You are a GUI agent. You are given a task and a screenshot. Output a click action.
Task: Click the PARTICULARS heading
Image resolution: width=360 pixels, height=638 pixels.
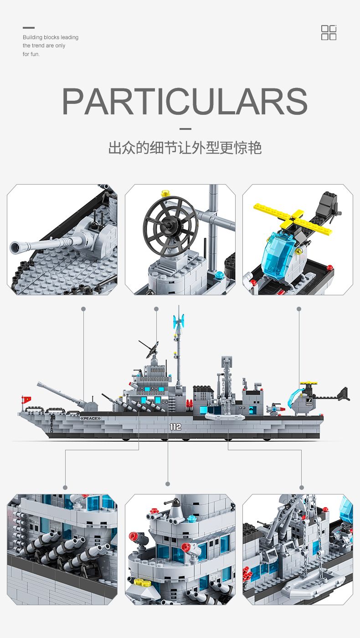pos(185,101)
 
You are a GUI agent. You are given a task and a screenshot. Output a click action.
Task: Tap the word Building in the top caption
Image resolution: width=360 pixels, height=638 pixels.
pos(32,37)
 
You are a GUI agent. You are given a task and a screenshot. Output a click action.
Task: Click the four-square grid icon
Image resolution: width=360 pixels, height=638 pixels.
pos(329,32)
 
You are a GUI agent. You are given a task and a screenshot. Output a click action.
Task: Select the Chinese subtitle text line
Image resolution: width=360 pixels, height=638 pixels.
pos(185,148)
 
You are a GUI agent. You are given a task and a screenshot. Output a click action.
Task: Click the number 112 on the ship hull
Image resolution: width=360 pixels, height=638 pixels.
pos(175,427)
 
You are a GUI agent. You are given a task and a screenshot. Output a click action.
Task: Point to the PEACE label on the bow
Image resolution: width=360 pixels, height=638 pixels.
pos(91,418)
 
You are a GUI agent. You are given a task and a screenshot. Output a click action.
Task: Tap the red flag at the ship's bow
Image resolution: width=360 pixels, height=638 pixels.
pos(27,399)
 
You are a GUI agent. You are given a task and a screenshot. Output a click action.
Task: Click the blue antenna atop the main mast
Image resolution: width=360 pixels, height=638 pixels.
pos(178,321)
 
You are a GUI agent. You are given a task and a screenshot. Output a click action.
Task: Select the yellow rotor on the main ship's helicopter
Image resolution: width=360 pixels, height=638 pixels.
pos(309,383)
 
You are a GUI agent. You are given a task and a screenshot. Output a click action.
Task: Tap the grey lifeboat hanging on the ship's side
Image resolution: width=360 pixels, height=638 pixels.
pos(225,417)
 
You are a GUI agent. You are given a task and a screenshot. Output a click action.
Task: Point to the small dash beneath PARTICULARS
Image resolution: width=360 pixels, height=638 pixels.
pos(185,129)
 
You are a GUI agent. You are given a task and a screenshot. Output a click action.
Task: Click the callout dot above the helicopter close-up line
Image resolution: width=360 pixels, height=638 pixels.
pos(299,309)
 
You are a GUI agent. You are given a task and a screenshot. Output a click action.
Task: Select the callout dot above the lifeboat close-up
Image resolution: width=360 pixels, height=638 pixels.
pos(302,487)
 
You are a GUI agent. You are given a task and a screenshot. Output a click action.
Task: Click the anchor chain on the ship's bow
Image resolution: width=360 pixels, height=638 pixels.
pos(52,418)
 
